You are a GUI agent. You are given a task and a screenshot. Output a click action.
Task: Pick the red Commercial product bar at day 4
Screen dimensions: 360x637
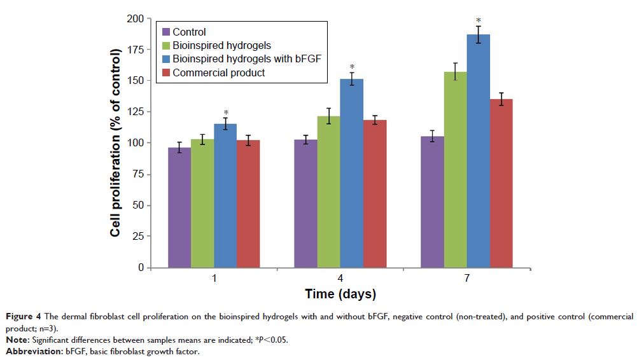375,194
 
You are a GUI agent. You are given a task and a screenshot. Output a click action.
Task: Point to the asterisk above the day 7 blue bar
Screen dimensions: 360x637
478,22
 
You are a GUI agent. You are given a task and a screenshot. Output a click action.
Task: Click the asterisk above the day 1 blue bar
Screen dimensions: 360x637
225,113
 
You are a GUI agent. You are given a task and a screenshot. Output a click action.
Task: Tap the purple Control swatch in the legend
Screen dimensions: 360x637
167,32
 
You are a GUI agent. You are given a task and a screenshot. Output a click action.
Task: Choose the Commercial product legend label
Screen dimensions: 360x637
218,73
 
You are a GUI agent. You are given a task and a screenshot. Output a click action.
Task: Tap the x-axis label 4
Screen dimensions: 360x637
340,279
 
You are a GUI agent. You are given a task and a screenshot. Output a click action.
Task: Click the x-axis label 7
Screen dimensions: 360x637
466,279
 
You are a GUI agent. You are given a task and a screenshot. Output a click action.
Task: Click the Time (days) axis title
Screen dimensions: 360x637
340,294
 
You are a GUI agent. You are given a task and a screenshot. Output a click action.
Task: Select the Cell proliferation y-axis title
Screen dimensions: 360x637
115,142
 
